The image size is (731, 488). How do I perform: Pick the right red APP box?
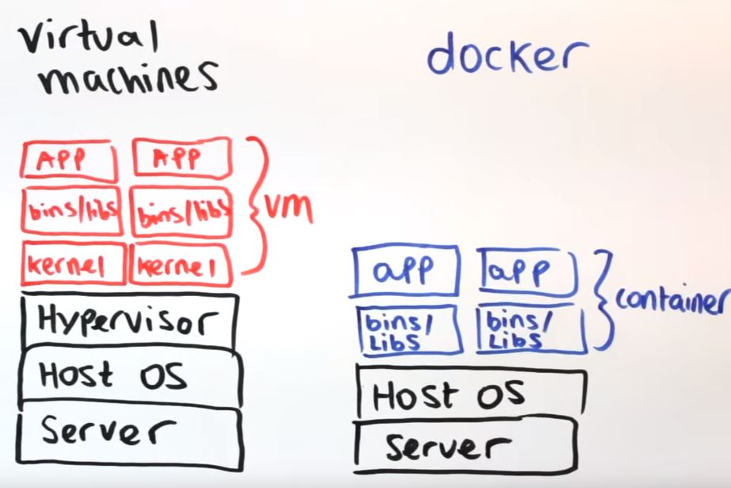tap(182, 156)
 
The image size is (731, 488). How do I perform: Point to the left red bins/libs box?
tap(71, 211)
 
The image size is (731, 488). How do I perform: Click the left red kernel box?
tap(73, 265)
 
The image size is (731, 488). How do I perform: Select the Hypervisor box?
tap(128, 321)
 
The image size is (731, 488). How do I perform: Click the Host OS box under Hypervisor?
tap(127, 375)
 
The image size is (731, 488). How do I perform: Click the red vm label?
tap(289, 208)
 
